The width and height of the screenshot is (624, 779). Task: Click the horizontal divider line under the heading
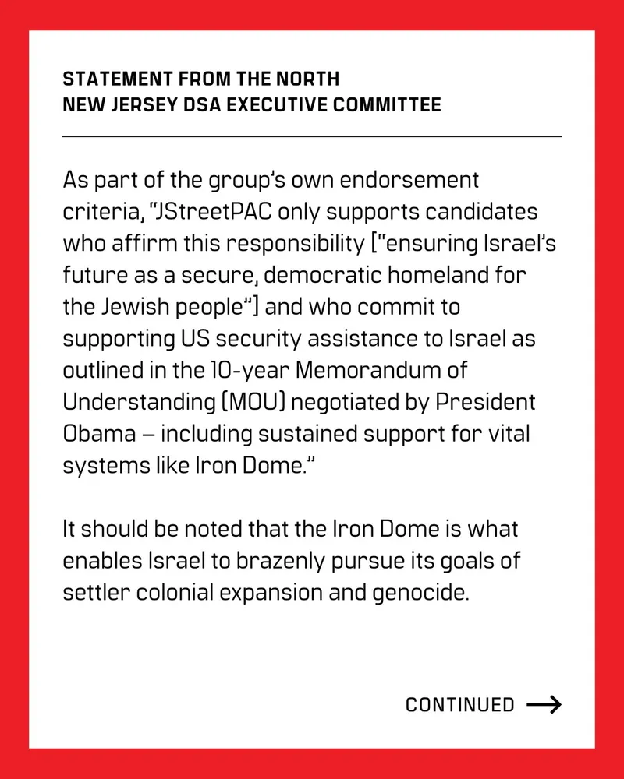[x=312, y=136]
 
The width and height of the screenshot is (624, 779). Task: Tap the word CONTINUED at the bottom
[x=460, y=706]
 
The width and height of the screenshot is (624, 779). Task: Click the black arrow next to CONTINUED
[x=544, y=706]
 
